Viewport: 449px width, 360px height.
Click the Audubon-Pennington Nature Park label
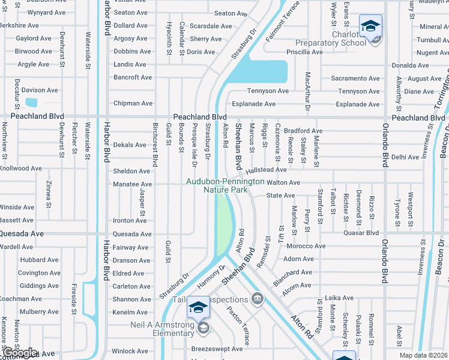[x=225, y=185]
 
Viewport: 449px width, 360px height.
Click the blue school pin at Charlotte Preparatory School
[x=370, y=26]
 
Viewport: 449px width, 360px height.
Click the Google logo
[x=19, y=353]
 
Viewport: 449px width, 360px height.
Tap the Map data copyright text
[x=423, y=355]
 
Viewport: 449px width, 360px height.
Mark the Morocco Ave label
[x=306, y=246]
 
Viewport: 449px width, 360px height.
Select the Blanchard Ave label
[x=292, y=272]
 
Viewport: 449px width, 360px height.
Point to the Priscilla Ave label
[x=305, y=52]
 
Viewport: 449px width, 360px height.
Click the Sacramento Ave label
[x=356, y=78]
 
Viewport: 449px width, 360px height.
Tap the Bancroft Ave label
[x=133, y=77]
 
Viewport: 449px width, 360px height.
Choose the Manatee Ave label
[x=133, y=184]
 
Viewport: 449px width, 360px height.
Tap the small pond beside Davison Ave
[x=31, y=103]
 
